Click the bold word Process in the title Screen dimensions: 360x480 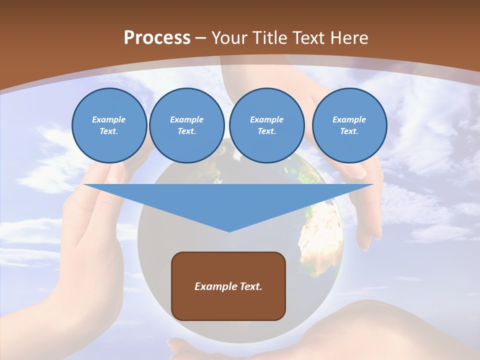point(157,38)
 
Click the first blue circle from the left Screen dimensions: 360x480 point(109,125)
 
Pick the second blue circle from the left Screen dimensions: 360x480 point(187,125)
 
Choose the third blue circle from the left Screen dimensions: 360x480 point(267,125)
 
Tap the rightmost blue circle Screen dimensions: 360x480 point(349,125)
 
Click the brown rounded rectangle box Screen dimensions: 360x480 point(228,286)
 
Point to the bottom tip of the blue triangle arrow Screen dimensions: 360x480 point(229,231)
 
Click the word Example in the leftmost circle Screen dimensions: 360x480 point(109,119)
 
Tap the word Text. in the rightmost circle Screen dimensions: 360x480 point(349,131)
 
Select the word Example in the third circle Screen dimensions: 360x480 point(267,119)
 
